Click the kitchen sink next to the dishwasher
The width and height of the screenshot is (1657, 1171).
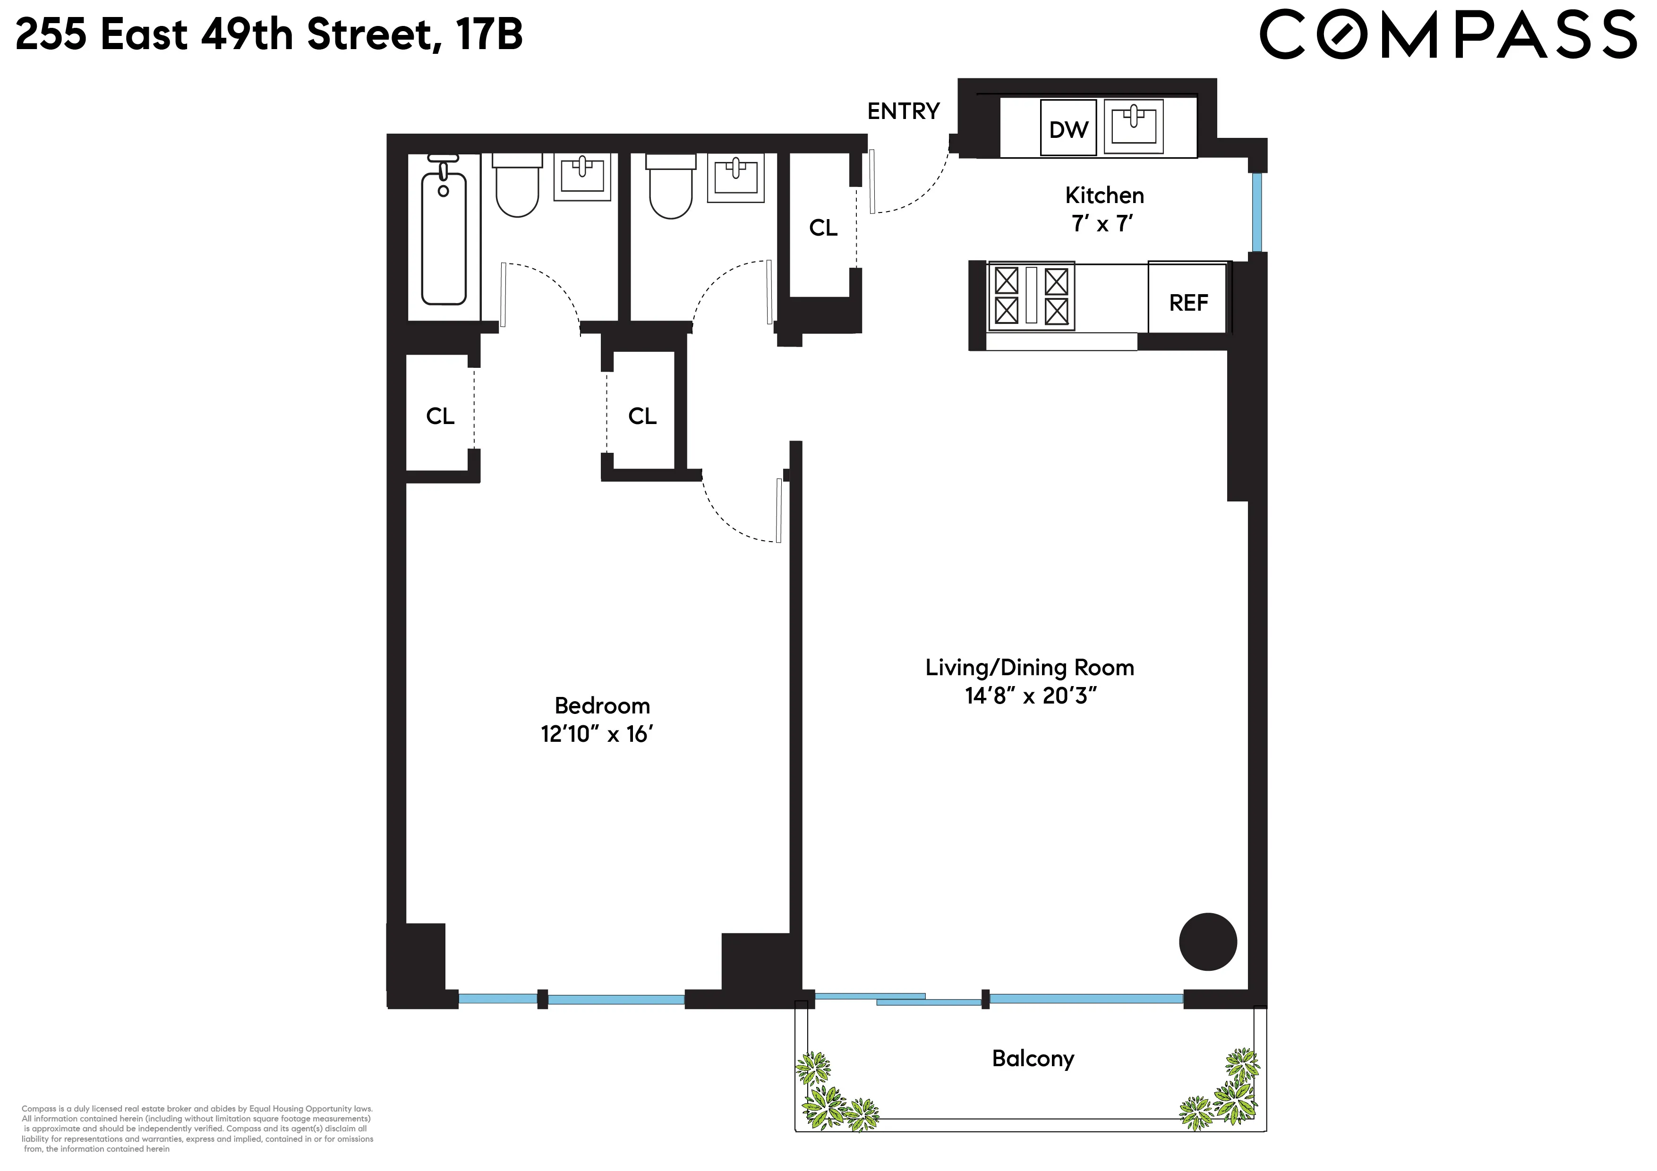pyautogui.click(x=1134, y=126)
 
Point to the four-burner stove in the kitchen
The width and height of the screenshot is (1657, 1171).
pyautogui.click(x=1031, y=296)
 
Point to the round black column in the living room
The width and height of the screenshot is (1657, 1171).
pyautogui.click(x=1207, y=942)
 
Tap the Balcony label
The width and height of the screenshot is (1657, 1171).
pyautogui.click(x=1033, y=1059)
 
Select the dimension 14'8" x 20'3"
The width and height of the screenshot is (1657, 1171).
pyautogui.click(x=1031, y=696)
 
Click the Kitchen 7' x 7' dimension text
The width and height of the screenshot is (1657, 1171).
pyautogui.click(x=1103, y=224)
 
